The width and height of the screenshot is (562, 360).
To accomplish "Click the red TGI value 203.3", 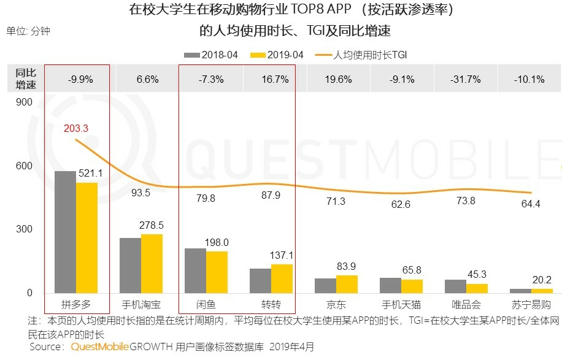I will coord(76,128).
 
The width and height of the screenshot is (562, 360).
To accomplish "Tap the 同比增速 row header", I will coord(26,79).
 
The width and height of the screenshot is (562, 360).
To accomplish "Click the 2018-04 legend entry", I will coord(212,55).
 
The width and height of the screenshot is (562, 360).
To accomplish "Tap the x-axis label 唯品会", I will coord(466,304).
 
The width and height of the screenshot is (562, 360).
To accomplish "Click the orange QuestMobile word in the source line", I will coord(99,347).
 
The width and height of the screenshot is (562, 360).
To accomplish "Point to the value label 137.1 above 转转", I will coord(282,255).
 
